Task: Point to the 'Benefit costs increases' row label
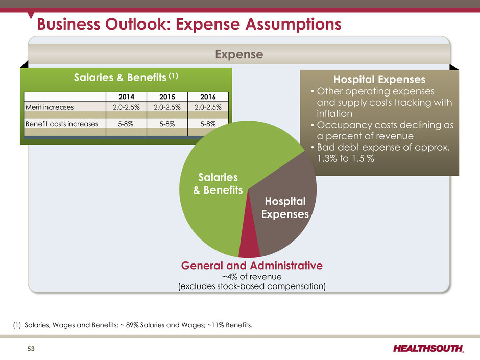[x=61, y=123]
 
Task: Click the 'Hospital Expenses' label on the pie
[x=285, y=207]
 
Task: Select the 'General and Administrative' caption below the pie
[x=251, y=266]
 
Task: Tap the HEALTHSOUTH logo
[x=428, y=349]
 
